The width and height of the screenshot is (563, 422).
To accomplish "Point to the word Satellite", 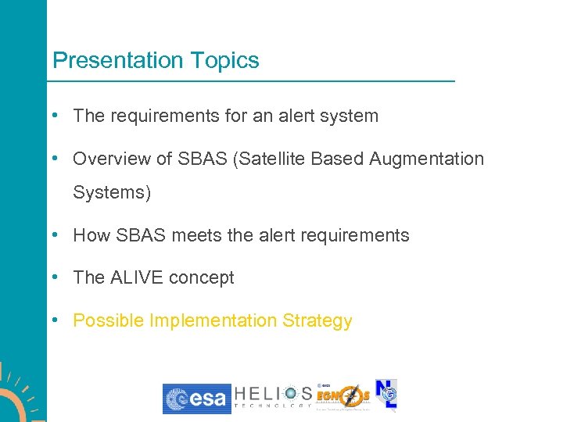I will [x=271, y=159].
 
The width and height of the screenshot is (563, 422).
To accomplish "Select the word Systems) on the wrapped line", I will [x=112, y=192].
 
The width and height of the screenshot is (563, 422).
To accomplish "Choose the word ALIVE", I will [x=137, y=278].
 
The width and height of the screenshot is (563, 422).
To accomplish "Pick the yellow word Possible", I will [x=108, y=321].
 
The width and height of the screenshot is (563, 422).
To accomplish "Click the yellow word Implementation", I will [x=213, y=321].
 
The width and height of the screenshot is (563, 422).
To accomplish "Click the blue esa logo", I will [x=196, y=399].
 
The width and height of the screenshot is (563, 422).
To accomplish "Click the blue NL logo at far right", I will [x=386, y=395].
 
